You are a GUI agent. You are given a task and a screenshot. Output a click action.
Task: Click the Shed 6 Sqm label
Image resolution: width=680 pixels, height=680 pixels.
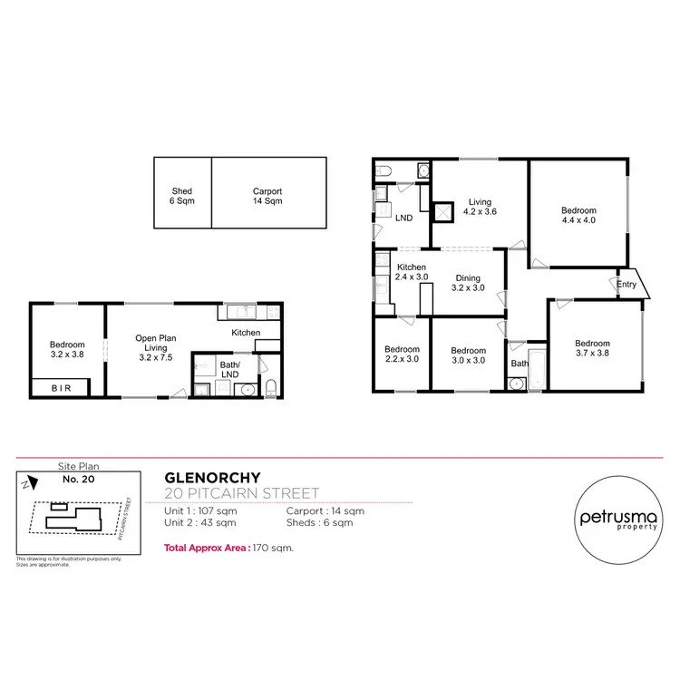click(182, 196)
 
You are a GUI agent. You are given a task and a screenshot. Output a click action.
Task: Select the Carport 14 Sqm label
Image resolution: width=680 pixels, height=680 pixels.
click(267, 196)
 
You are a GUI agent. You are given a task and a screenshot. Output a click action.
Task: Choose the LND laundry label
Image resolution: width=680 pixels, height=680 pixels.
click(405, 218)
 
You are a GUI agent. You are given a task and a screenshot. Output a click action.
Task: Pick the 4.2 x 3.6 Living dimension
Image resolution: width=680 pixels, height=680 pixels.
click(480, 211)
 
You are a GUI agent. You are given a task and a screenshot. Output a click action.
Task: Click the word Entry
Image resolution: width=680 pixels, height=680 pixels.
click(627, 285)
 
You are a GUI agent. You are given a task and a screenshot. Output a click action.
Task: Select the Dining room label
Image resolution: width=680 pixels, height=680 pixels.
click(468, 278)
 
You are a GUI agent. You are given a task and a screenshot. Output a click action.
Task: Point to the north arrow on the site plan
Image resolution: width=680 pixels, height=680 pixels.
click(29, 485)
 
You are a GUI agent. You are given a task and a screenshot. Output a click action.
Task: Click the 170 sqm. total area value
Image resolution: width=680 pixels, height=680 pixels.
click(274, 549)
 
